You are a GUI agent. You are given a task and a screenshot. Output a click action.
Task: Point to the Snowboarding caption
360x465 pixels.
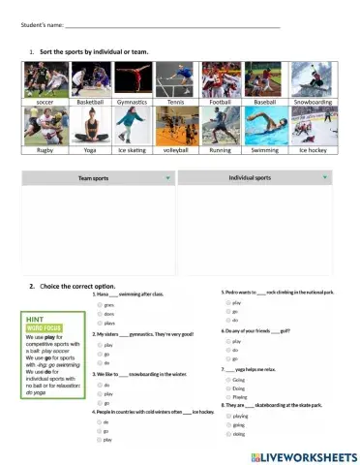pos(315,101)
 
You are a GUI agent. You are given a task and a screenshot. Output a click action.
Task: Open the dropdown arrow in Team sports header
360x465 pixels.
pos(167,178)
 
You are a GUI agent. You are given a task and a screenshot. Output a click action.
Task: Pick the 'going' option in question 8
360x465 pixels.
pos(226,423)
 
